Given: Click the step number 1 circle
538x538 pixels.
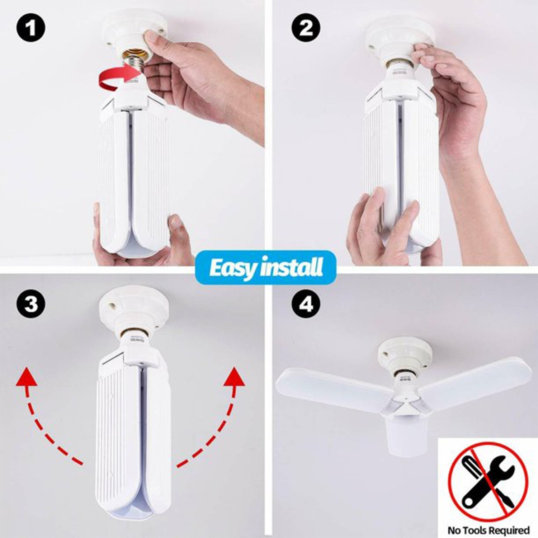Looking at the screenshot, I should (x=31, y=28).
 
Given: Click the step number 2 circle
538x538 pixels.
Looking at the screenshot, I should (x=306, y=28).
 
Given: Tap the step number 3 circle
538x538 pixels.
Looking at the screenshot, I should (x=31, y=305).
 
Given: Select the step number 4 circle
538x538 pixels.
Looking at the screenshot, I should (x=306, y=305).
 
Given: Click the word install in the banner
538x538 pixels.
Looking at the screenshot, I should (x=292, y=268).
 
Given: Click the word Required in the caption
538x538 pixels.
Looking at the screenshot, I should (x=509, y=530).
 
